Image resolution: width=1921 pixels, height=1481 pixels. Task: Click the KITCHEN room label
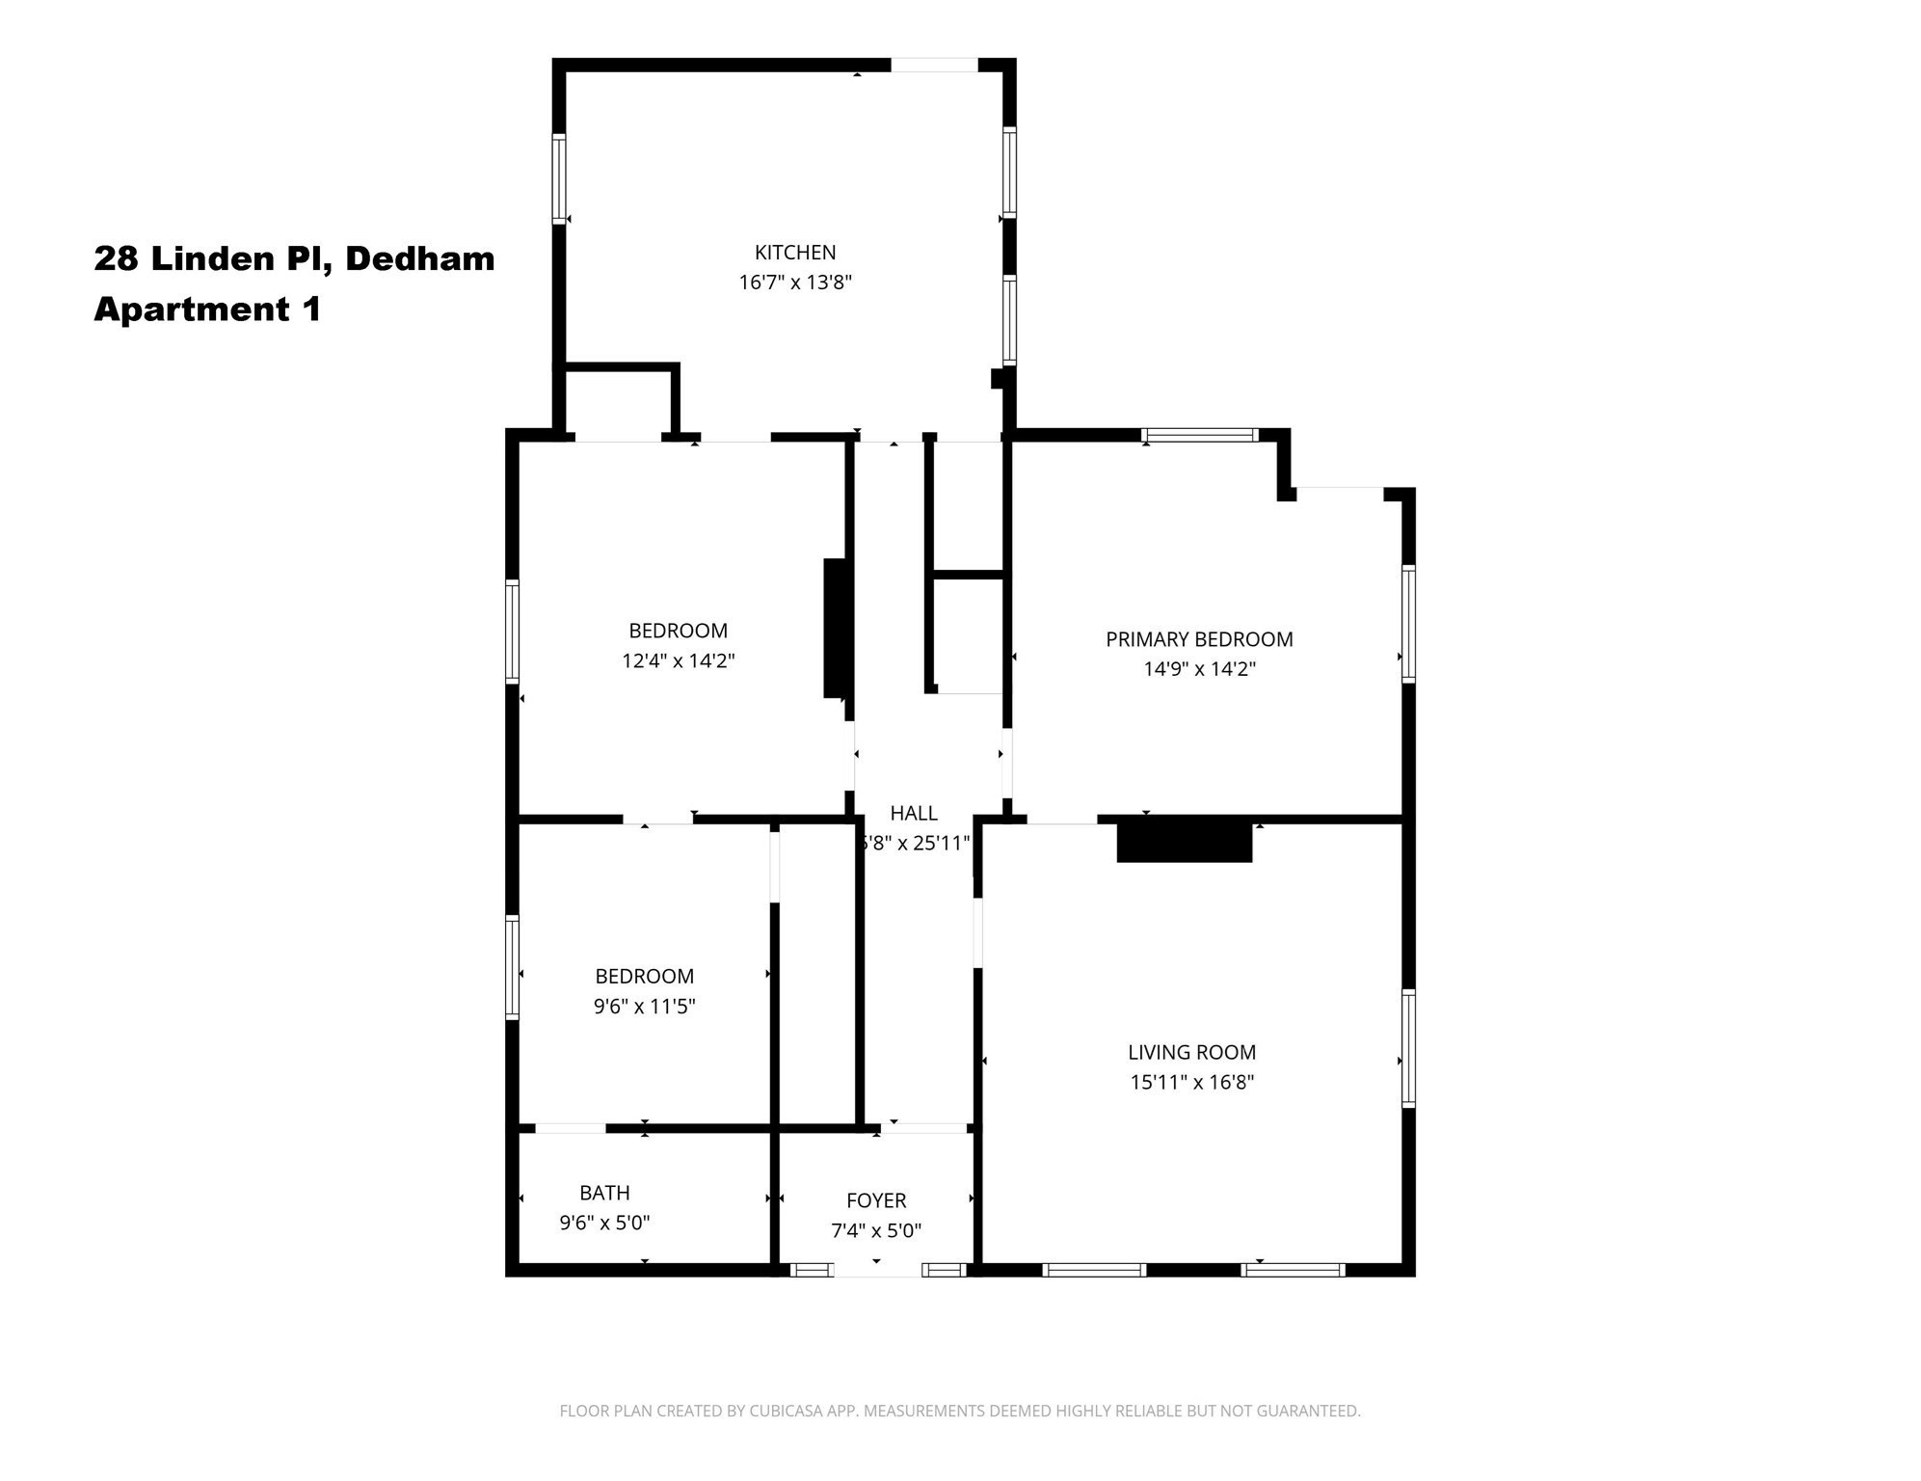794,253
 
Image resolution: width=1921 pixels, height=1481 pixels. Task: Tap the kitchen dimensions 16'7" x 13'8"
795,283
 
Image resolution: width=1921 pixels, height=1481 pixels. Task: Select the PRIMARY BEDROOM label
1198,639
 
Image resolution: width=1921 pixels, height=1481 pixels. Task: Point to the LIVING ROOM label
1191,1052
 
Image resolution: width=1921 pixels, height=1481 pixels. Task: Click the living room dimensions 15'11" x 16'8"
1191,1082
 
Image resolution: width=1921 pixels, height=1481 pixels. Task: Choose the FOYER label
875,1200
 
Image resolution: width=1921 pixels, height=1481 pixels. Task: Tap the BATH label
604,1193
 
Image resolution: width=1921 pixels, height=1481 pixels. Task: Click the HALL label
913,813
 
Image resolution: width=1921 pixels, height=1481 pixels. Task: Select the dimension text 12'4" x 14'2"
678,660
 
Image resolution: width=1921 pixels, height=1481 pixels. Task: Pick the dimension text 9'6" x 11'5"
644,1007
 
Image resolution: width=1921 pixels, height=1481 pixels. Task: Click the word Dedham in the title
419,258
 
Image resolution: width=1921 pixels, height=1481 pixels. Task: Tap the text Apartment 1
206,310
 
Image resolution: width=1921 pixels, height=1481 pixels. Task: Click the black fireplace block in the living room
1184,841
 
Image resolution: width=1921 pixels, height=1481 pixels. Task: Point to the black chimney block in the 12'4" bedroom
835,628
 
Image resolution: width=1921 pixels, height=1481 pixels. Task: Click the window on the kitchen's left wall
558,178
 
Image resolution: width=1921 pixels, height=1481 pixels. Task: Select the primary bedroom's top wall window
1199,435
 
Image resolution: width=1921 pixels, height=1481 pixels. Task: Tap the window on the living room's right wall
1407,1048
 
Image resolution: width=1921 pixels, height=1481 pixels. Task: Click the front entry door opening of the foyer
876,1270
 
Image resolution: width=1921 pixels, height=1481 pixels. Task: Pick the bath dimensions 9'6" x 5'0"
604,1223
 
